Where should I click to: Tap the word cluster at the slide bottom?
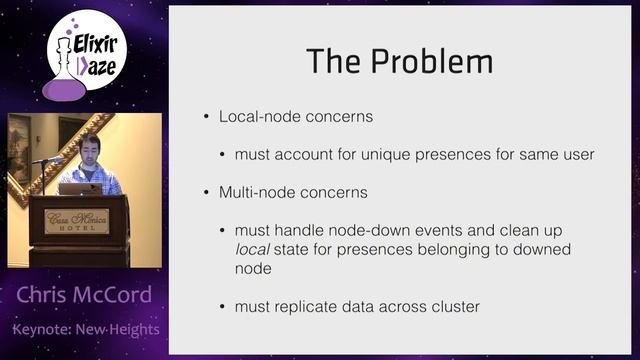pyautogui.click(x=453, y=305)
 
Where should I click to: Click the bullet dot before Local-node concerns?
pyautogui.click(x=206, y=117)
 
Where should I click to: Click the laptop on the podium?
pyautogui.click(x=80, y=188)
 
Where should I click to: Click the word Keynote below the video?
pyautogui.click(x=43, y=329)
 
